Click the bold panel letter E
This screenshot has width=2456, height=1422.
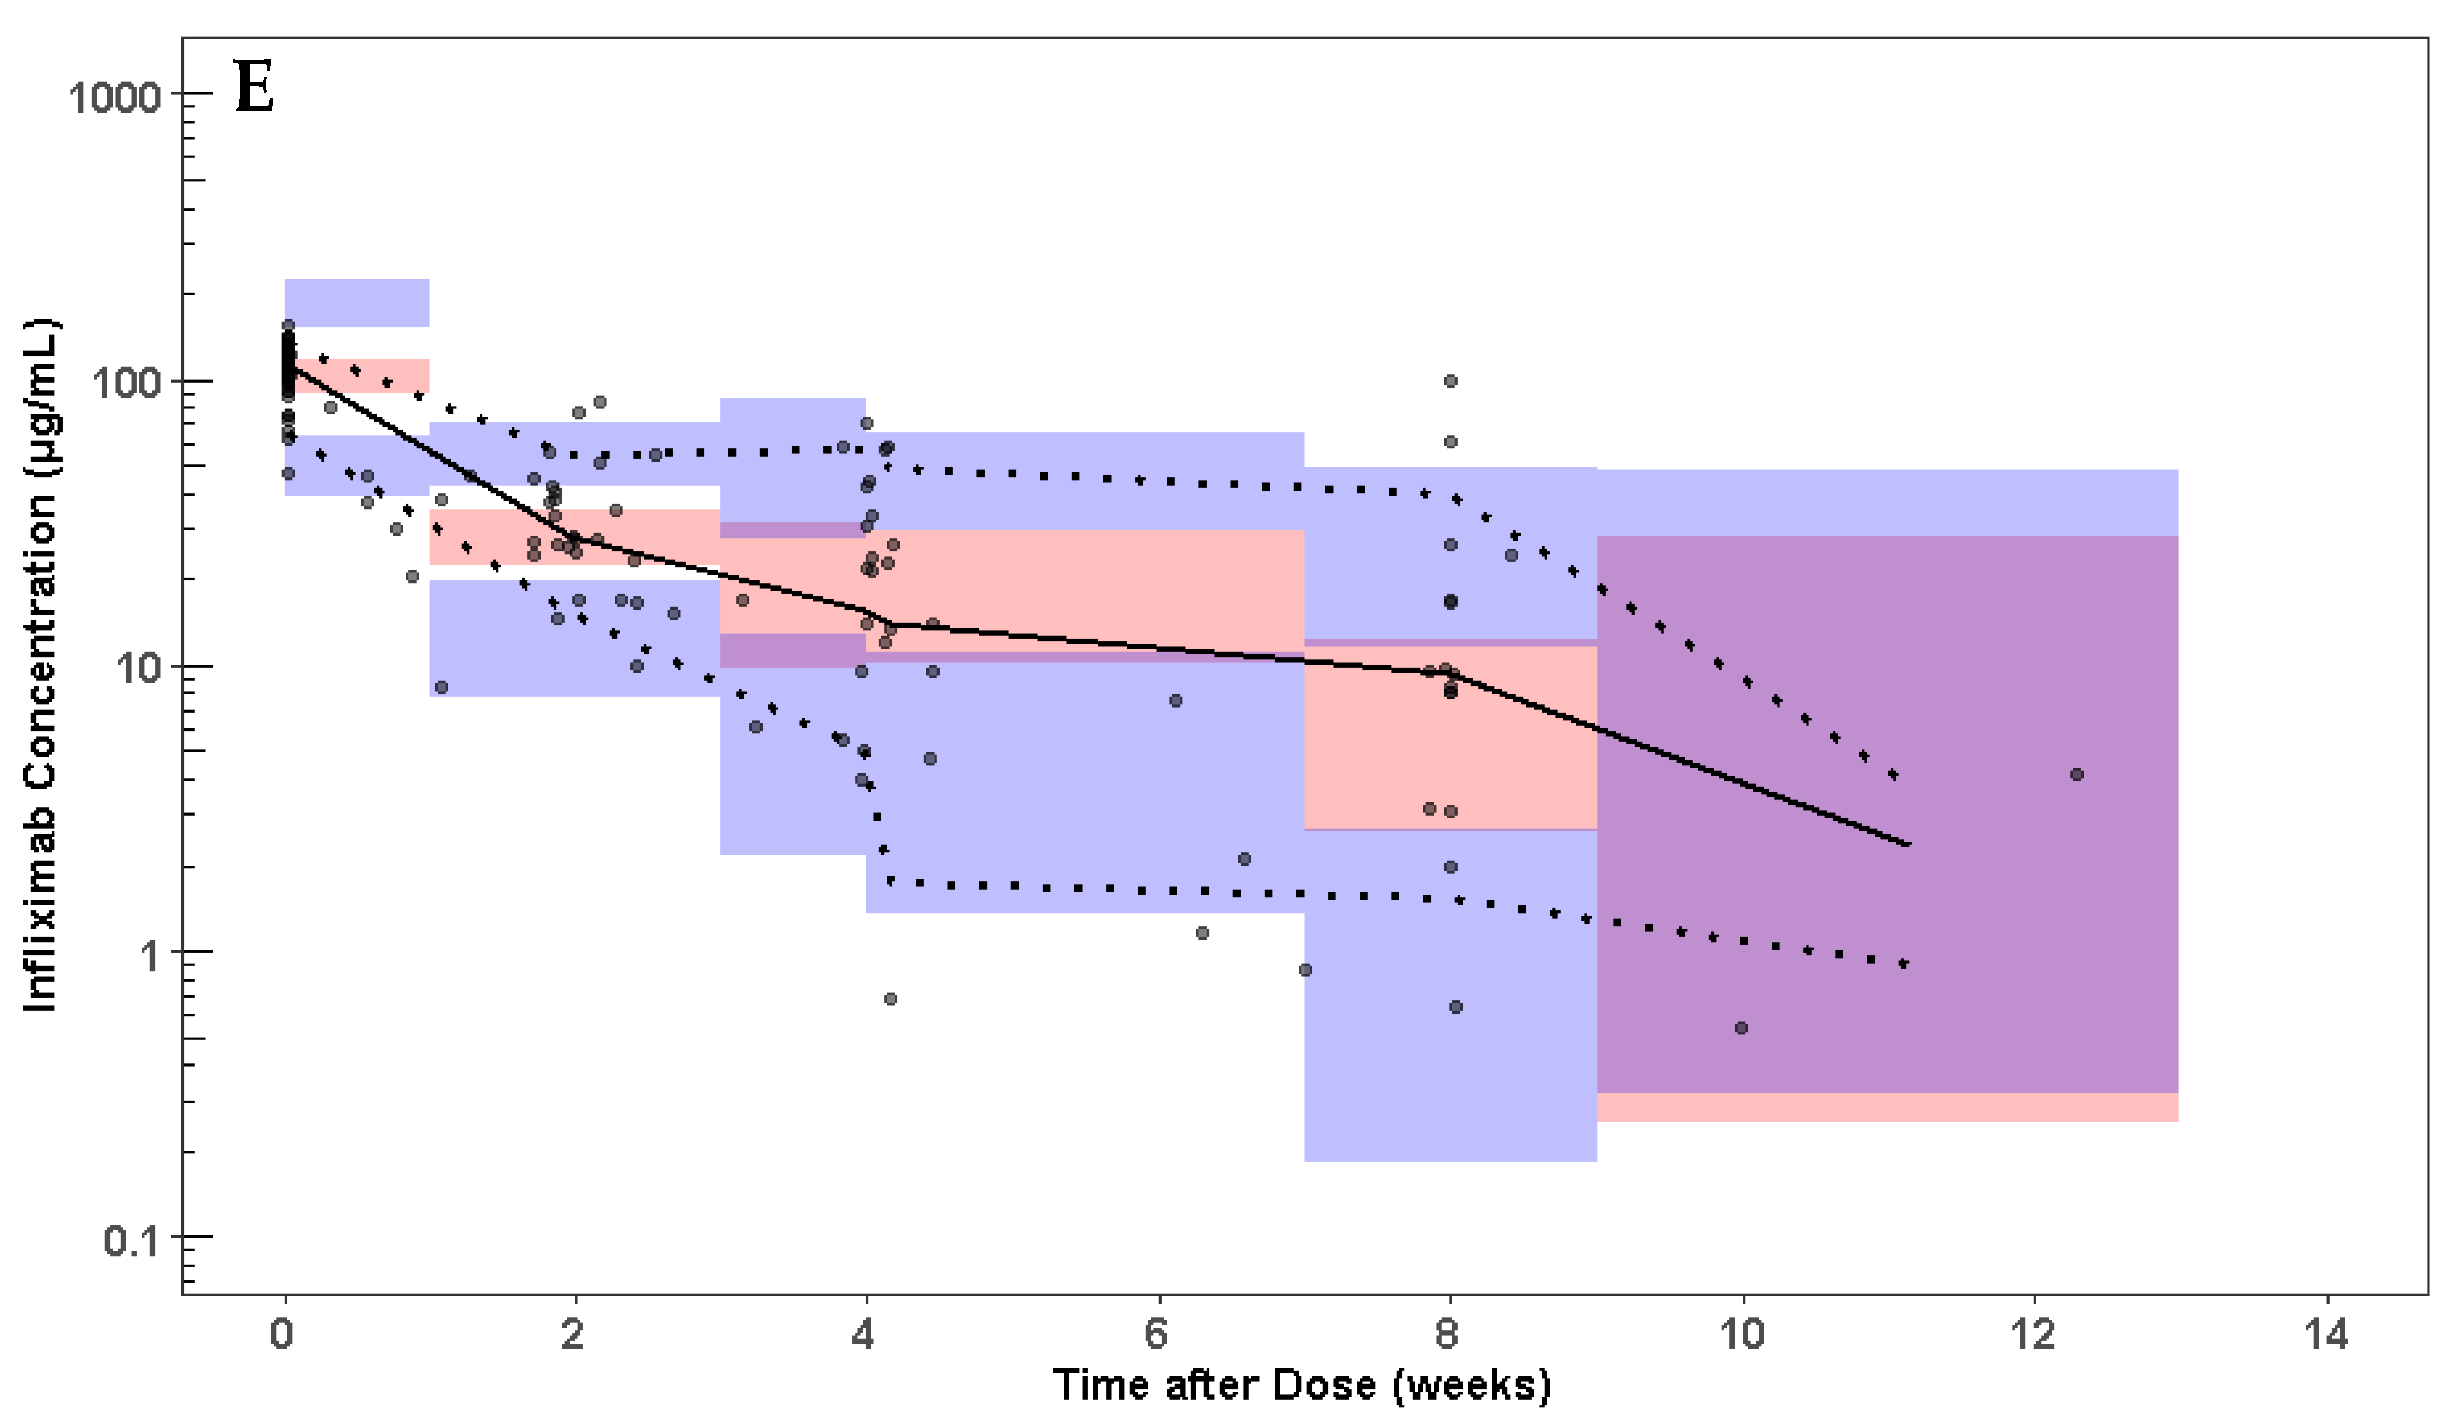(254, 88)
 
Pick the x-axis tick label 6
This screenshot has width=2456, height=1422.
(1157, 1333)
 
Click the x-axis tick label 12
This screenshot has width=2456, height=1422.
(2033, 1333)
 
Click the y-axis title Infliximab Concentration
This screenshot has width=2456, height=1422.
(41, 666)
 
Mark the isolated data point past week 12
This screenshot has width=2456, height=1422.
(2077, 775)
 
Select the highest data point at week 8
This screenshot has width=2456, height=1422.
(1450, 381)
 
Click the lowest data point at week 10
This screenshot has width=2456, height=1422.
(1741, 1028)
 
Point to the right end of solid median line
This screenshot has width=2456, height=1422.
(1909, 844)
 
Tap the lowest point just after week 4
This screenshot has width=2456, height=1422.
(890, 999)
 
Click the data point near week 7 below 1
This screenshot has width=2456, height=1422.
(1305, 970)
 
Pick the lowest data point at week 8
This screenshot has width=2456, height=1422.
(1455, 1007)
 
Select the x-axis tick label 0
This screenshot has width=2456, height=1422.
(281, 1333)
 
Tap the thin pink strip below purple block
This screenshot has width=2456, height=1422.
(1887, 1107)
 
